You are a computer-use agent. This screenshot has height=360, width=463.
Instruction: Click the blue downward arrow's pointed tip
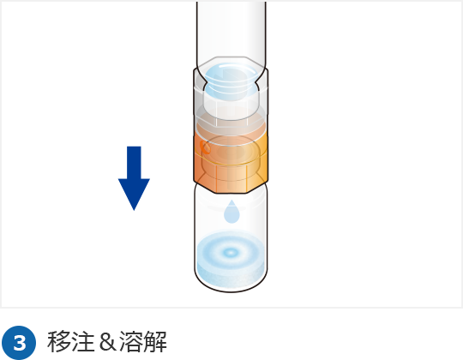(134, 210)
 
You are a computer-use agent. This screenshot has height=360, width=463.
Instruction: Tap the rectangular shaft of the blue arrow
(134, 163)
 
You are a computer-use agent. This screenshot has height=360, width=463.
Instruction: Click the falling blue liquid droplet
(231, 212)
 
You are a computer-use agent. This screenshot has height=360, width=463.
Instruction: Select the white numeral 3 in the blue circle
(20, 343)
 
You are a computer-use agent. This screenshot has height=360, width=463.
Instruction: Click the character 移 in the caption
(59, 342)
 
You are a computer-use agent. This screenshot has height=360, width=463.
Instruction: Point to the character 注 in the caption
(83, 342)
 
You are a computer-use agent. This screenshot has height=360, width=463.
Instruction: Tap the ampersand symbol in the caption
(107, 342)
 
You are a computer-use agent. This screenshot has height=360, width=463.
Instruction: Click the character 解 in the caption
(155, 342)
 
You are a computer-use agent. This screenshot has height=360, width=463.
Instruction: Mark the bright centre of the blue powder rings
(231, 252)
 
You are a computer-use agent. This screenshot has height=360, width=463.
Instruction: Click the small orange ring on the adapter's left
(206, 147)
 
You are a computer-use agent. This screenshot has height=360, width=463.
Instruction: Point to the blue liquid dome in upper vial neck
(231, 81)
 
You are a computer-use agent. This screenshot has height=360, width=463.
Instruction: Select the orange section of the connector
(231, 162)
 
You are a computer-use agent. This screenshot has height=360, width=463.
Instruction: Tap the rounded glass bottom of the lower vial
(231, 284)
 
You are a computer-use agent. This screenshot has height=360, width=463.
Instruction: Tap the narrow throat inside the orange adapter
(231, 177)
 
